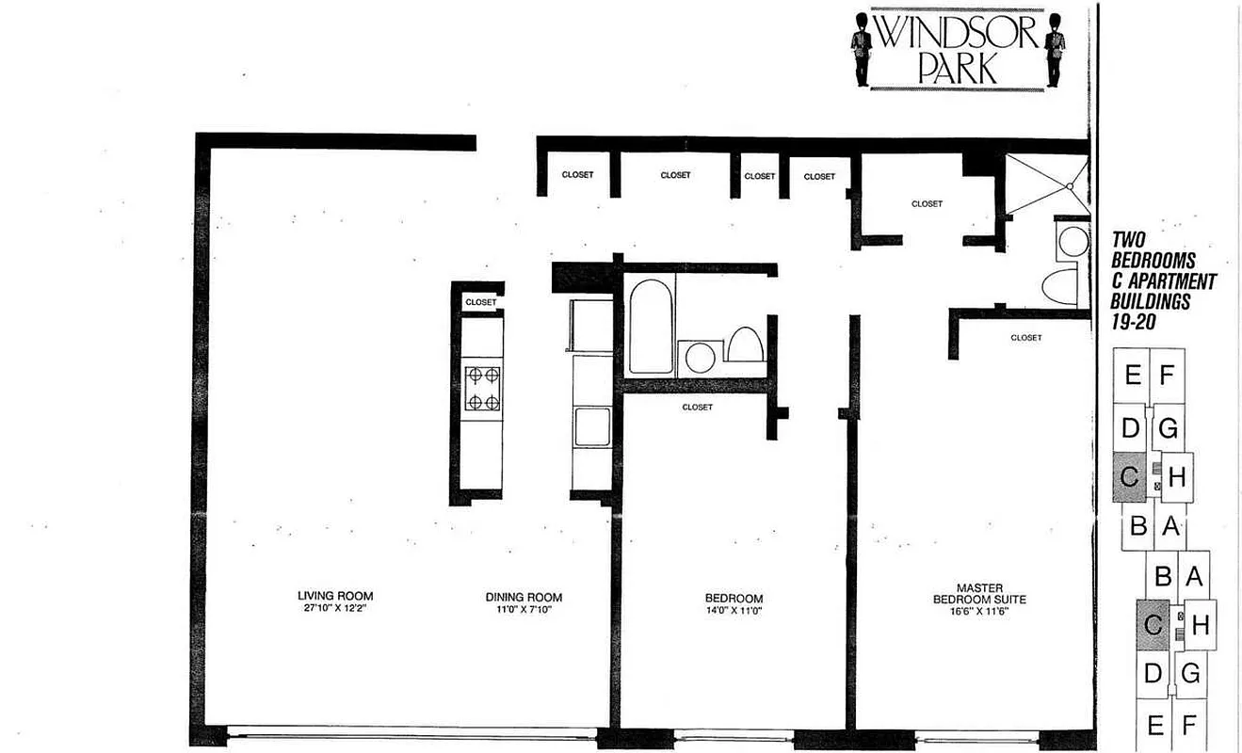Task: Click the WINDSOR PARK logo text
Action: (x=957, y=49)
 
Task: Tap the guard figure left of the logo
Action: (x=862, y=48)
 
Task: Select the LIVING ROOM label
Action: (x=335, y=596)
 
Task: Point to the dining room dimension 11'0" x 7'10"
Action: (x=524, y=610)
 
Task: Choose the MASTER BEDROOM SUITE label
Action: (x=979, y=593)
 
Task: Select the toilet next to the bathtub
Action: (x=745, y=345)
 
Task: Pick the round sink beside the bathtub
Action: (x=700, y=357)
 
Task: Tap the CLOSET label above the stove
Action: (x=480, y=302)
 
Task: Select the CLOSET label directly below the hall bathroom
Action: (x=697, y=408)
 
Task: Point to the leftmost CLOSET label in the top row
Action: (x=577, y=175)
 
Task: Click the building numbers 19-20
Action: (x=1137, y=321)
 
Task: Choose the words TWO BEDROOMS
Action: (x=1153, y=249)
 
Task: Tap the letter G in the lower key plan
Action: (x=1190, y=674)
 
